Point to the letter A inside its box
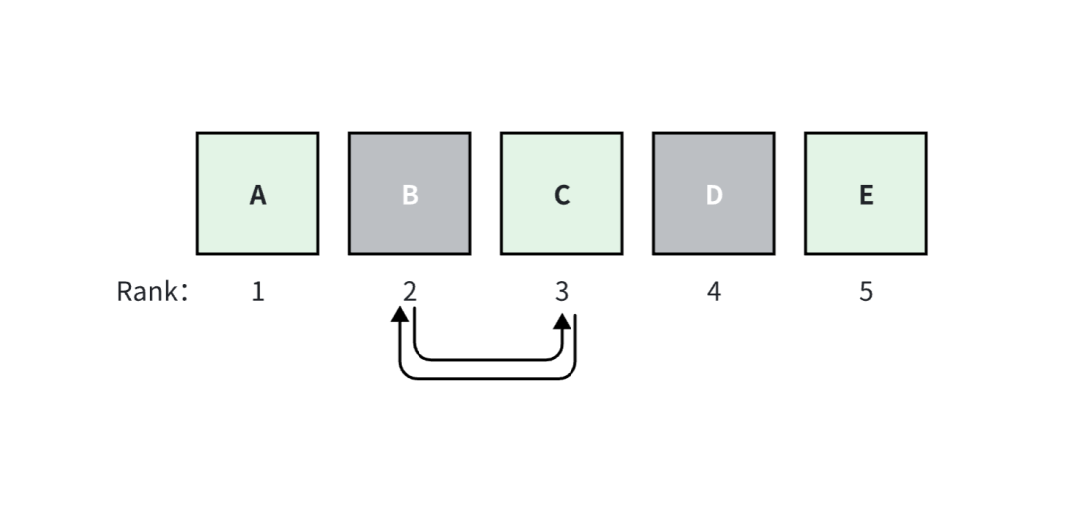coord(258,195)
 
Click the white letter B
coord(410,195)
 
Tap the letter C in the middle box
coord(562,195)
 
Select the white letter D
coord(714,195)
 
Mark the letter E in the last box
coord(866,195)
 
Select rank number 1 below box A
coord(258,292)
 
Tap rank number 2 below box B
coord(410,292)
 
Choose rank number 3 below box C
coord(562,292)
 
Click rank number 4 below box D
coord(714,292)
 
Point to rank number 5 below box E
coord(866,292)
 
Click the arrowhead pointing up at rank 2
coord(400,315)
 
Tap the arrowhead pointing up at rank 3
coord(563,322)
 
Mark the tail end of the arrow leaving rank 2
coord(415,310)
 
